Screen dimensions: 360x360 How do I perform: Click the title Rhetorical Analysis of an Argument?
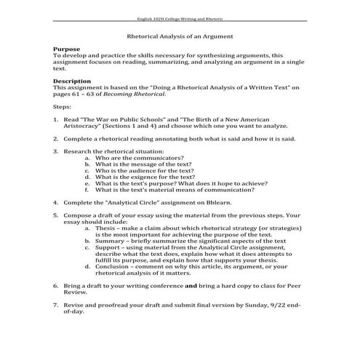click(180, 34)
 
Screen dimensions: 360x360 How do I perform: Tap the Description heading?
click(73, 81)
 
